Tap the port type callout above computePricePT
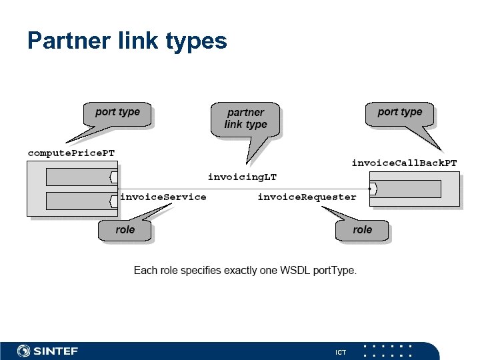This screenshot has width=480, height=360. [x=117, y=113]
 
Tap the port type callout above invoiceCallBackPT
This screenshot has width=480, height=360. [x=399, y=113]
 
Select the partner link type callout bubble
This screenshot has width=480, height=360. [x=245, y=119]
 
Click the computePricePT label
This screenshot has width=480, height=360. [x=71, y=153]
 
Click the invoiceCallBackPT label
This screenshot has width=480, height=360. [x=404, y=163]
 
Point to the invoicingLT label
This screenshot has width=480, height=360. [x=242, y=177]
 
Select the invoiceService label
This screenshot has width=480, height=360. [x=163, y=197]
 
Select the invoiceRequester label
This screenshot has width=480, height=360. [x=307, y=197]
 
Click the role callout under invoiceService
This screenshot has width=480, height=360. [x=125, y=230]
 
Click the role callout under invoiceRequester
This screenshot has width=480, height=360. [x=362, y=230]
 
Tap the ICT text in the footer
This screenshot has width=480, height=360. [x=340, y=351]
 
